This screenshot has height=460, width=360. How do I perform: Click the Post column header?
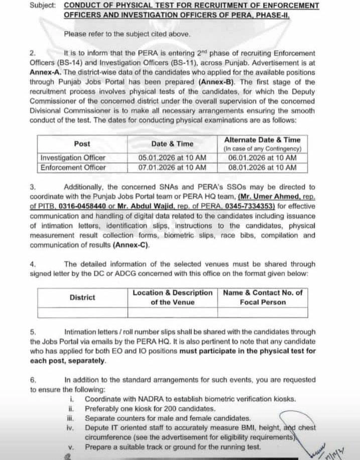82,144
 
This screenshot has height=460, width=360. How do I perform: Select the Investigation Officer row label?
73,158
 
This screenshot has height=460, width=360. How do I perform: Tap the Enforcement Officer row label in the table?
73,168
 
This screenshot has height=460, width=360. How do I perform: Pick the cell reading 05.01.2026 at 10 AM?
172,158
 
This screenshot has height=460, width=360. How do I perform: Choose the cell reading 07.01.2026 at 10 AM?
172,168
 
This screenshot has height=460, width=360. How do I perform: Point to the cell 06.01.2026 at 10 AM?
262,158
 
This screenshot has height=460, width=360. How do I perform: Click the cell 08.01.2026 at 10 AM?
262,168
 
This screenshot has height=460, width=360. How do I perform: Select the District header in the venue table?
82,297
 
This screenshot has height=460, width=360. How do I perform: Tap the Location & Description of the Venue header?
172,297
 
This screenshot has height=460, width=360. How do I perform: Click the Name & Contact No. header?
263,297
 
